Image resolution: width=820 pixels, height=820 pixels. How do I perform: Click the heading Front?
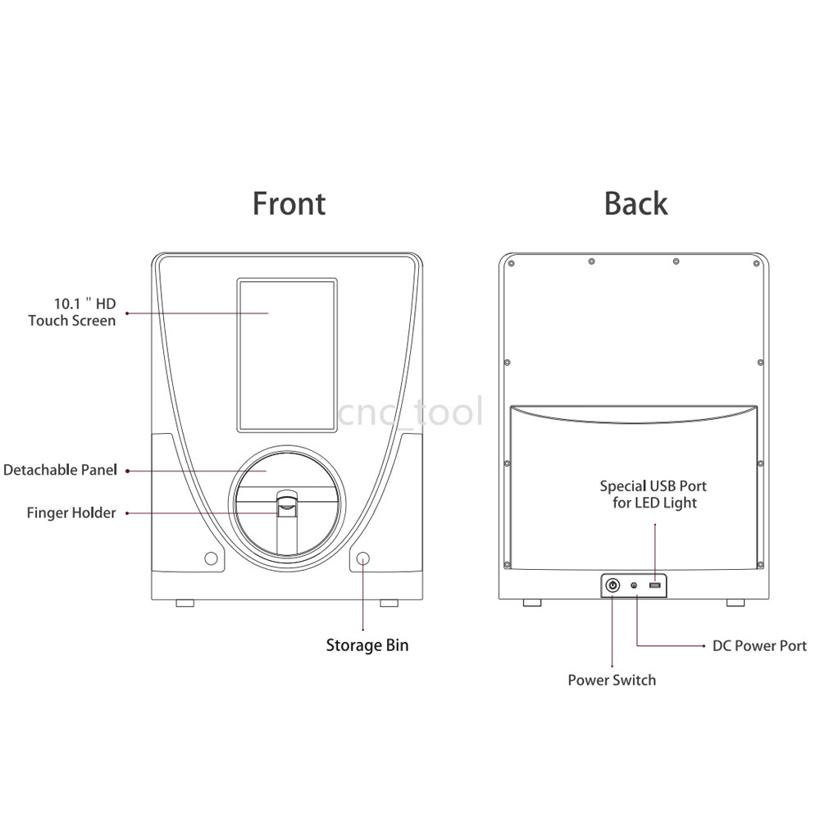click(289, 203)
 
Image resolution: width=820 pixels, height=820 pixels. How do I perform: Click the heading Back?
click(636, 203)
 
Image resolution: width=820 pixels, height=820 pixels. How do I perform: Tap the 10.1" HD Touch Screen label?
click(72, 312)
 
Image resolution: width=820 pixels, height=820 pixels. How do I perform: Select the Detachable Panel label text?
click(60, 470)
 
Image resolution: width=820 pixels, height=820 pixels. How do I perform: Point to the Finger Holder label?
click(71, 513)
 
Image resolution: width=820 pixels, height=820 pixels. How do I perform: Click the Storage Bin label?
click(367, 645)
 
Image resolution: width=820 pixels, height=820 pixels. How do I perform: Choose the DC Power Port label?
click(759, 646)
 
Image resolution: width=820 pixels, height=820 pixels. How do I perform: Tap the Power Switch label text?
click(612, 680)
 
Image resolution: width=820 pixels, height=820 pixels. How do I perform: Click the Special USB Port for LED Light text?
click(654, 494)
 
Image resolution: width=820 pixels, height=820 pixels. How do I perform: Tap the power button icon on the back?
click(613, 585)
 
